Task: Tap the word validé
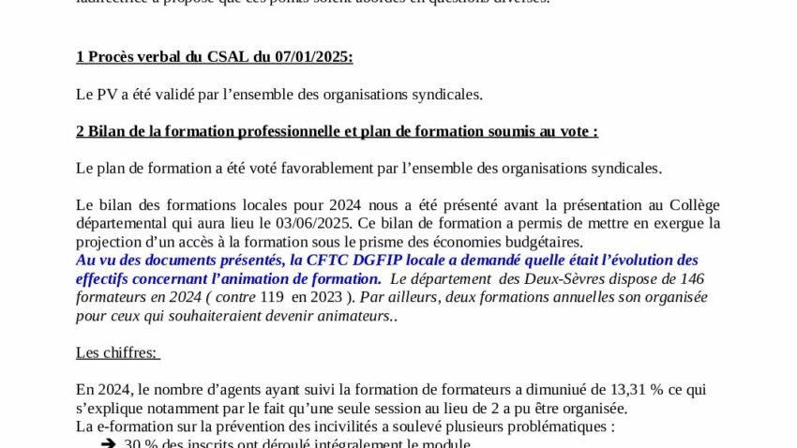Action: pos(184,94)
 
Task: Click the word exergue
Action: pos(670,223)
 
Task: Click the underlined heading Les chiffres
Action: pos(117,352)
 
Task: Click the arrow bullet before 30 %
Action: pos(108,443)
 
